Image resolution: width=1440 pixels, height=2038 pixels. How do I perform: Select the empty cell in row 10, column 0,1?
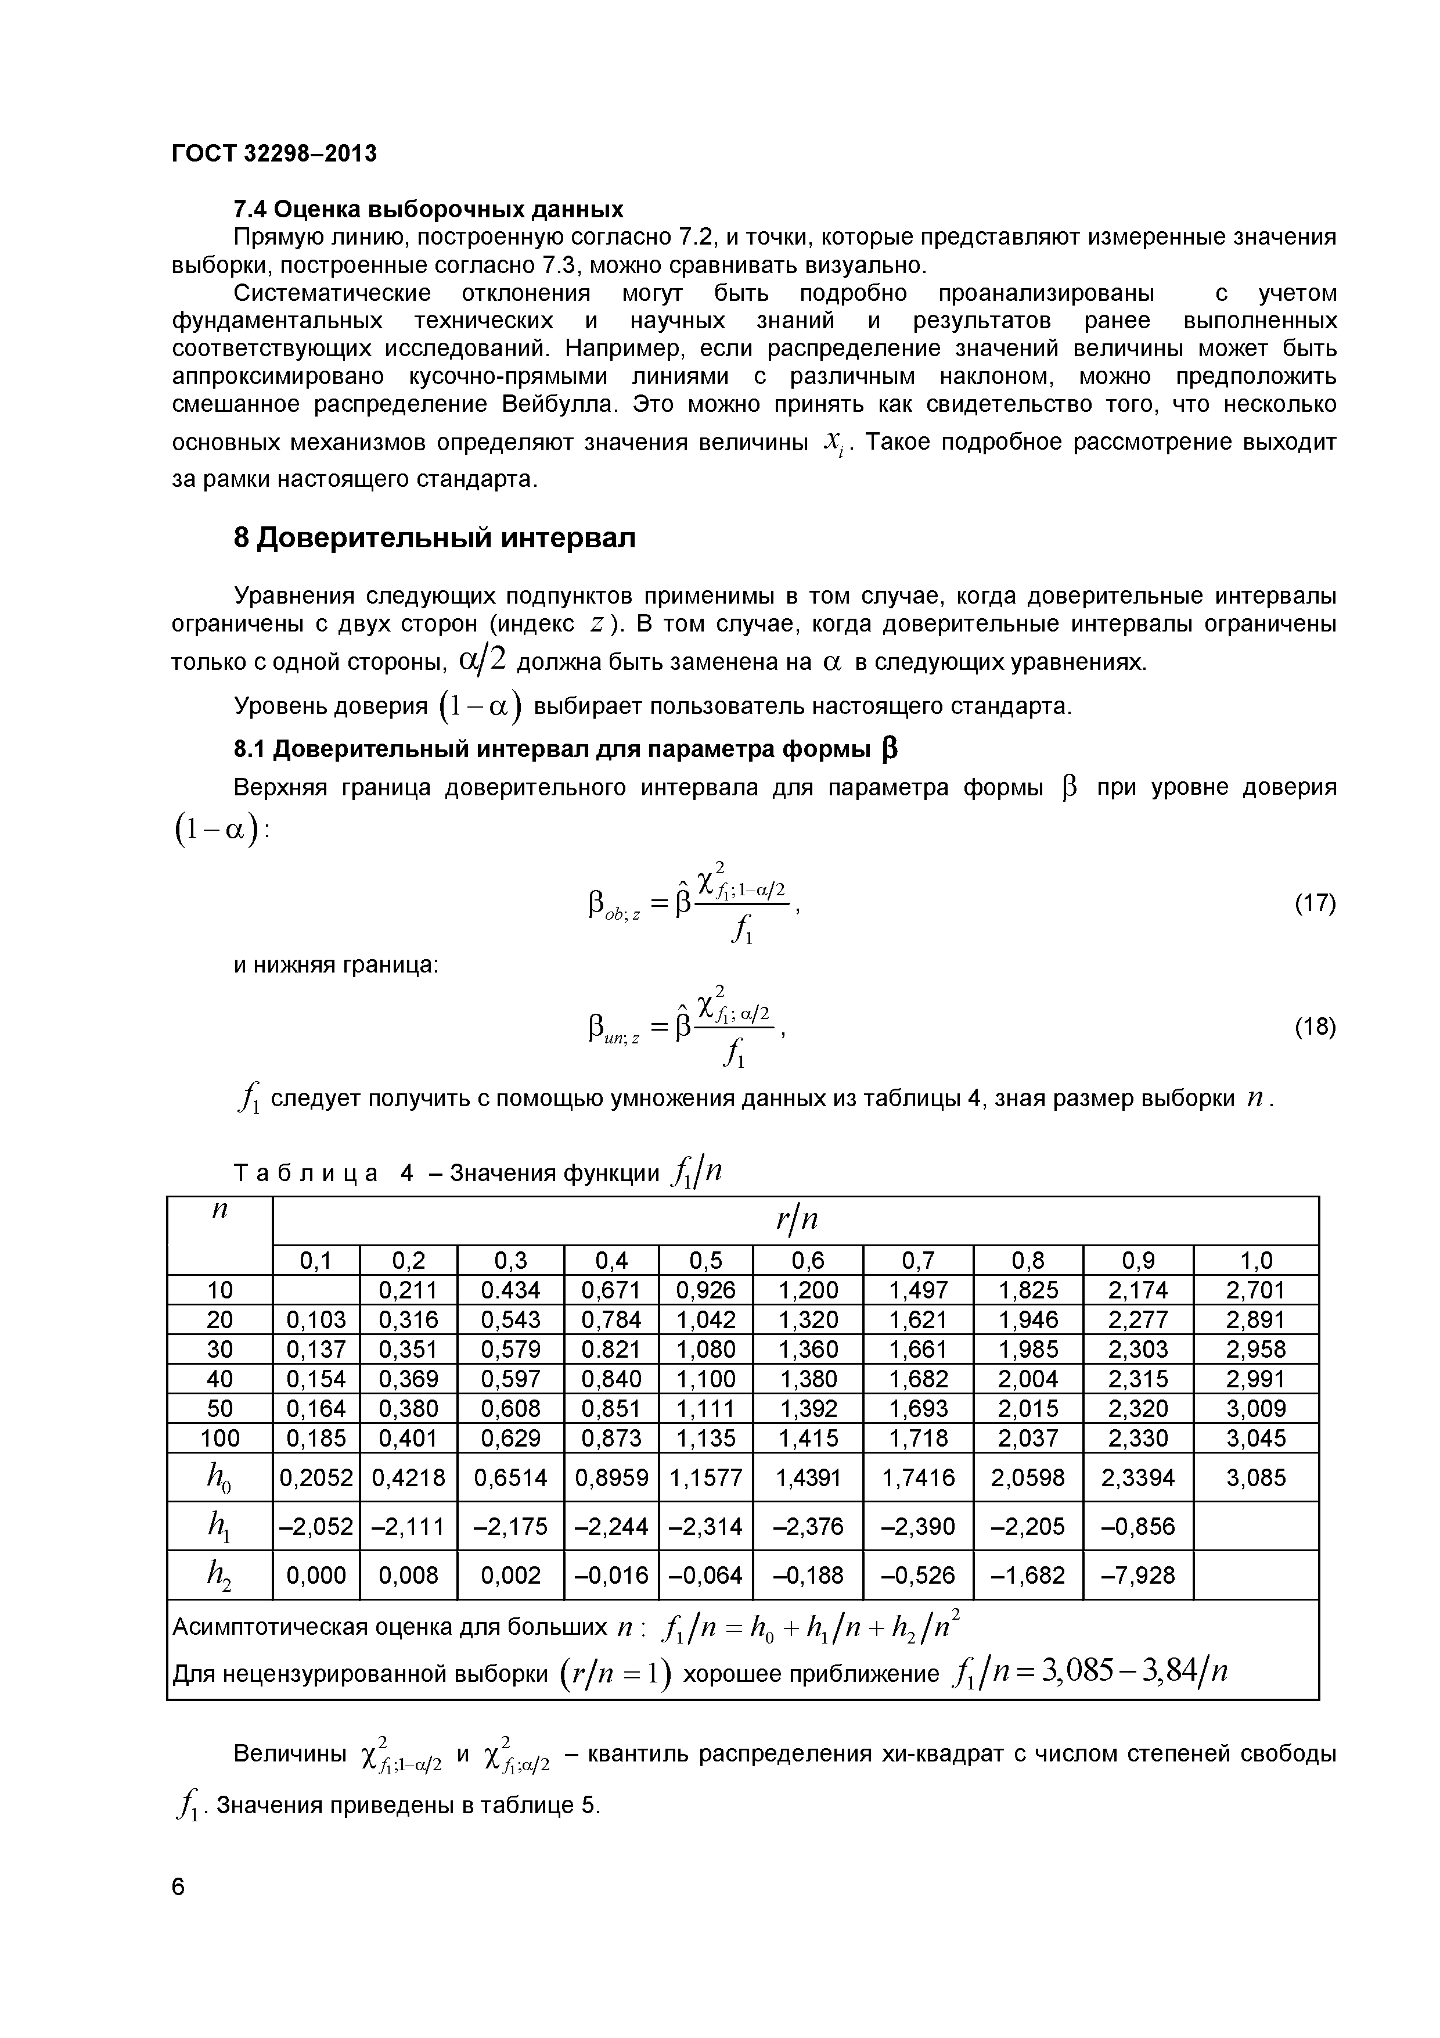coord(316,1290)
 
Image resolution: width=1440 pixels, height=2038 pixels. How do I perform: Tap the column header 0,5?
coord(705,1261)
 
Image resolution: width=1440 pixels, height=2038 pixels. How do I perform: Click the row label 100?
coord(219,1437)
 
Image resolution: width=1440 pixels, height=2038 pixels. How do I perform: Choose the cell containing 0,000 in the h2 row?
coord(316,1574)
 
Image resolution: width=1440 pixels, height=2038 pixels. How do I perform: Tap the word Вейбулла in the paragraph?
coord(559,405)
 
